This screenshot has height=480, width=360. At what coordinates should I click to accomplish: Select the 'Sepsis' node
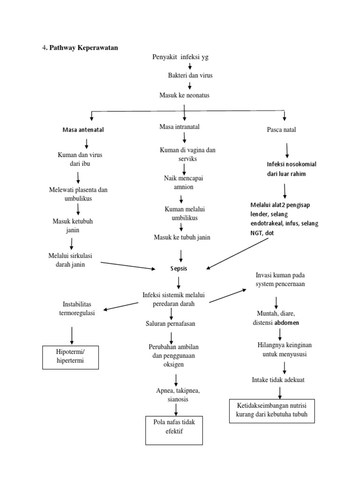(x=179, y=269)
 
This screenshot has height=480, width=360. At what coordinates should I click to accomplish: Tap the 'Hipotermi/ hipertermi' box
(x=70, y=357)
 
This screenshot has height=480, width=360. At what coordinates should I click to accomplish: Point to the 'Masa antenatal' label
(x=83, y=130)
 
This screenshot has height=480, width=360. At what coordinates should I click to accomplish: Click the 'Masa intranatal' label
(x=180, y=127)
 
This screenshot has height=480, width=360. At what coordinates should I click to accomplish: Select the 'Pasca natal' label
(x=281, y=129)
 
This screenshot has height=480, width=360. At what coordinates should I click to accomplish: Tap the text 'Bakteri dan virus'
(x=190, y=75)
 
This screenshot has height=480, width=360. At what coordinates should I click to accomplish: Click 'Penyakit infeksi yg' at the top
(x=180, y=57)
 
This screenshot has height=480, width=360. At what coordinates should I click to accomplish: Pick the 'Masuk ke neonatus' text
(x=184, y=95)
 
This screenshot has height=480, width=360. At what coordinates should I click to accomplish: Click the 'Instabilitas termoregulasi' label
(x=78, y=308)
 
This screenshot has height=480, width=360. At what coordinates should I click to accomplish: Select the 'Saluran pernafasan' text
(x=170, y=323)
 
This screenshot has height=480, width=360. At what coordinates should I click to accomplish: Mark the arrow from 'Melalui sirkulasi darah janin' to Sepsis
(x=127, y=265)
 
